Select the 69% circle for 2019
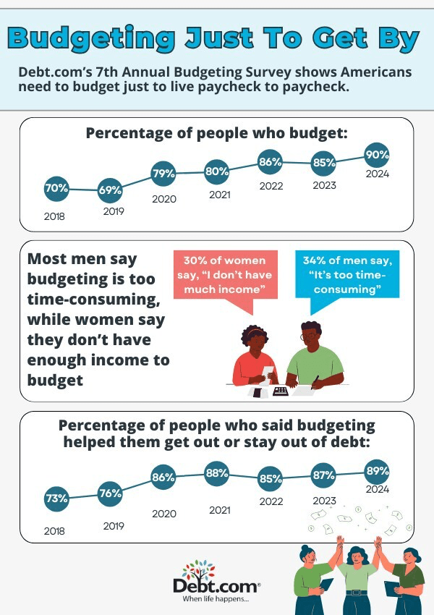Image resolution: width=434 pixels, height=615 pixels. click(x=110, y=191)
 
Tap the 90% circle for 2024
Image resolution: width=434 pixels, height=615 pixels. click(x=378, y=154)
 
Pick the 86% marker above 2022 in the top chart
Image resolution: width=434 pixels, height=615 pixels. click(x=270, y=163)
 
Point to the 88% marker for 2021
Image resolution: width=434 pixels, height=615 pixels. click(x=217, y=474)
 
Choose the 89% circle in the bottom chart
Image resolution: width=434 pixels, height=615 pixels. click(x=378, y=470)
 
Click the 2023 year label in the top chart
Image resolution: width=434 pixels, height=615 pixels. click(x=324, y=186)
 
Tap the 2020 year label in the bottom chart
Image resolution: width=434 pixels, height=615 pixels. click(x=164, y=514)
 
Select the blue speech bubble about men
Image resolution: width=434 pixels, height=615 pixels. click(x=348, y=275)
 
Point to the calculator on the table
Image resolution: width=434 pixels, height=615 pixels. click(x=280, y=391)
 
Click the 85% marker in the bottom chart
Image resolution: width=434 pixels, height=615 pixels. click(x=271, y=479)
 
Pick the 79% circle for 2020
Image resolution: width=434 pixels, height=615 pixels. click(x=164, y=174)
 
